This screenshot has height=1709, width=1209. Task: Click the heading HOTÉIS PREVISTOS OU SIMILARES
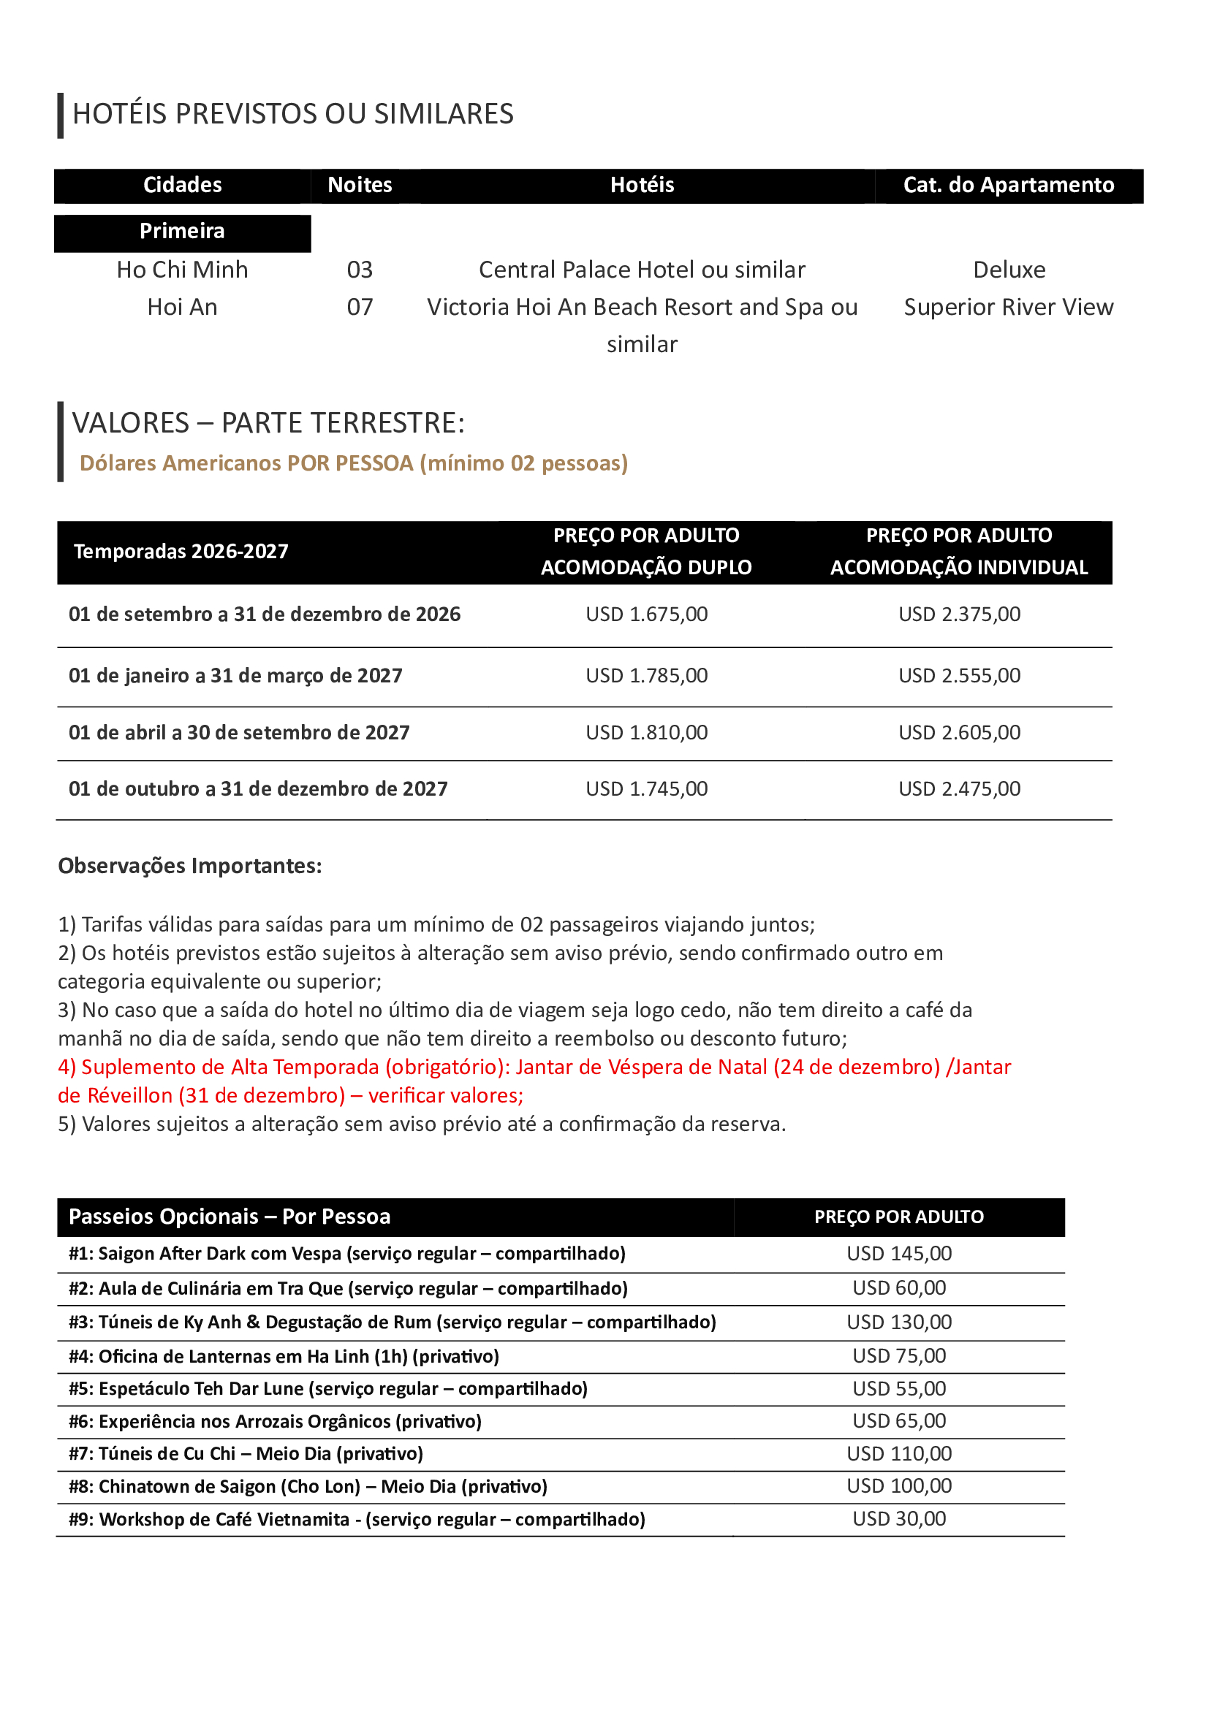[x=292, y=114]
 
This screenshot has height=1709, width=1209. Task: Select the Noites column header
[x=360, y=186]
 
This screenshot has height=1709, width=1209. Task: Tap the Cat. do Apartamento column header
[x=1008, y=186]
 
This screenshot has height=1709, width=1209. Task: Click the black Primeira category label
[x=183, y=232]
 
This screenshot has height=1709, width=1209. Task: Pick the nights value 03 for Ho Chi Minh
[x=360, y=270]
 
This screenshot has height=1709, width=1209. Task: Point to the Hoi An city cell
[x=183, y=307]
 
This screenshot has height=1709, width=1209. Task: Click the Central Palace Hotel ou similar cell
[x=642, y=270]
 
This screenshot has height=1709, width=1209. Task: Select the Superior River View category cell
[x=1008, y=307]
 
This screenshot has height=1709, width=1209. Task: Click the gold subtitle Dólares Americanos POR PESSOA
[x=354, y=463]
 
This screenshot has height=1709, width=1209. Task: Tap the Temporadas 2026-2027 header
[x=181, y=552]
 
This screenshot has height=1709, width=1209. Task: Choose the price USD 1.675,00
[x=646, y=614]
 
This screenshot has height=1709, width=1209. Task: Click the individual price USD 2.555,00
[x=959, y=675]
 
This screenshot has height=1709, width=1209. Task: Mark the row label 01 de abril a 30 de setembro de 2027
[x=239, y=732]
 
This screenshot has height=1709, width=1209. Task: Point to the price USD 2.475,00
[x=959, y=788]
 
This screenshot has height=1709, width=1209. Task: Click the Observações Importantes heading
[x=190, y=866]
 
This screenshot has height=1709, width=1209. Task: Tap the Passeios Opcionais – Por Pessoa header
[x=230, y=1217]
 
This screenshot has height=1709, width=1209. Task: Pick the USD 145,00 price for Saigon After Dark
[x=898, y=1254]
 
